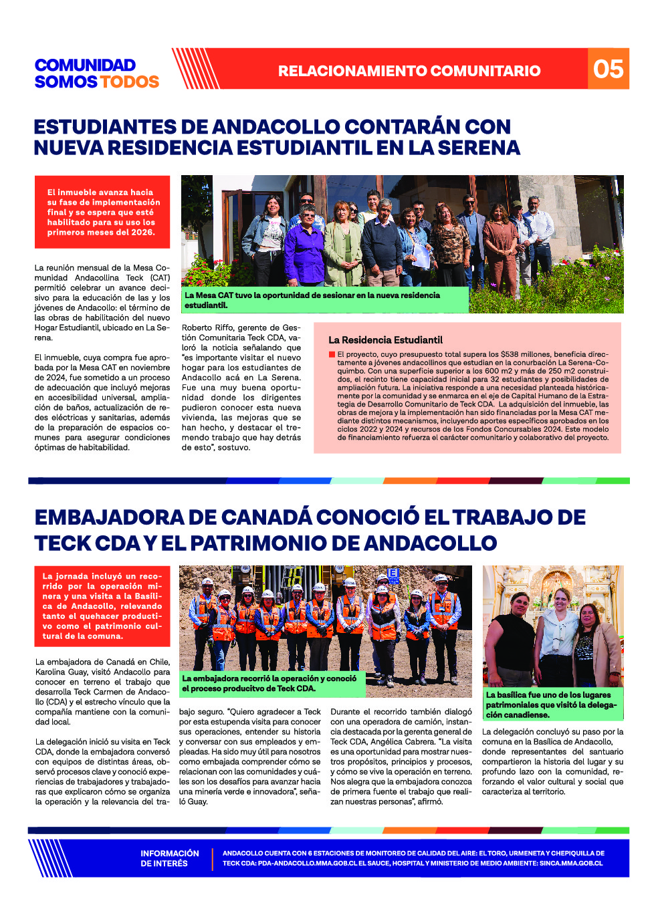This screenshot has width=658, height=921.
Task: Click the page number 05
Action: [x=608, y=69]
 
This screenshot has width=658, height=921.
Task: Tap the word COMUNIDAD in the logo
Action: [x=85, y=65]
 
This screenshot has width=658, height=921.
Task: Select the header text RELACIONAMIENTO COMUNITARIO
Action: [x=409, y=71]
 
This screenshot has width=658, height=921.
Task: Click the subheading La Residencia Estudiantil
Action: [x=385, y=340]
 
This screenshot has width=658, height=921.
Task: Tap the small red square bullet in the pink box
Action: [x=332, y=354]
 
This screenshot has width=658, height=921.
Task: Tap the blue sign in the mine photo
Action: [x=393, y=573]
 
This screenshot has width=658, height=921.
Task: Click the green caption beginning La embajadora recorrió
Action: [x=269, y=683]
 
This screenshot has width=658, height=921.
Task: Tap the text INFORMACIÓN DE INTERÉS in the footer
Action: [x=169, y=858]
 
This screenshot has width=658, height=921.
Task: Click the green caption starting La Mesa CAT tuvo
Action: [x=312, y=300]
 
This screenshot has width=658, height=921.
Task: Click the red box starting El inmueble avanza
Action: [x=102, y=212]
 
